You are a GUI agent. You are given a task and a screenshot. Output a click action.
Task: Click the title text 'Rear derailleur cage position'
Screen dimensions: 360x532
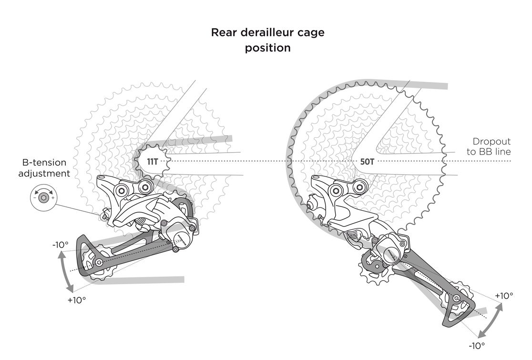point(267,40)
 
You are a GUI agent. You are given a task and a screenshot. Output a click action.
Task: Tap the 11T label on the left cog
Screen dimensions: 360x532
point(153,162)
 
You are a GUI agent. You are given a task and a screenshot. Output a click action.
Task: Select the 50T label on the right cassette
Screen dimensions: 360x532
point(367,162)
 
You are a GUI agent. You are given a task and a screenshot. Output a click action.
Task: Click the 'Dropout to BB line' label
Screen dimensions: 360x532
point(491,147)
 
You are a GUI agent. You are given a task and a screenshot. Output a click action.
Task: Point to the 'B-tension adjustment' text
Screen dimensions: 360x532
point(44,168)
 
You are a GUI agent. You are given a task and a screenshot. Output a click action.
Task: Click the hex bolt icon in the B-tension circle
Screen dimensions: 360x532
point(44,197)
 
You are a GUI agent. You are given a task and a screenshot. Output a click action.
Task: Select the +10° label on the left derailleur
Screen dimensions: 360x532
point(76,300)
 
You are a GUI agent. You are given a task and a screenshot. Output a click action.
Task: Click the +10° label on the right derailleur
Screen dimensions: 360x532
point(504,296)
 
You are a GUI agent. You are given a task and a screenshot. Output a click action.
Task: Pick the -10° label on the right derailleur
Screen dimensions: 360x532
point(477,346)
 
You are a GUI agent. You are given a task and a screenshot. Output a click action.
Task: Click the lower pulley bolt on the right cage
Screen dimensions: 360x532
point(457,298)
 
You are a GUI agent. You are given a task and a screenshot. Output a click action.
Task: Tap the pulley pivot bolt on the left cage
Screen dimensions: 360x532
point(99,263)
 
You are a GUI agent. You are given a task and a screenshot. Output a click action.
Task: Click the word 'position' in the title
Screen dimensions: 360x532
point(267,48)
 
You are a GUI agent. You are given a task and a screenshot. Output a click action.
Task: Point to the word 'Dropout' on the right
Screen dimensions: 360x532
point(491,142)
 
